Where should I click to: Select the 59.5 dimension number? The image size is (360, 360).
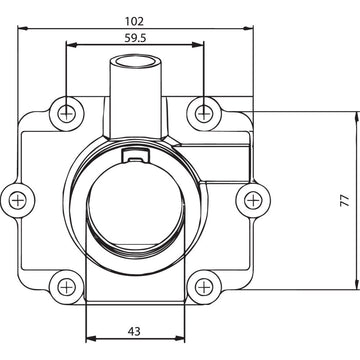tap(134, 37)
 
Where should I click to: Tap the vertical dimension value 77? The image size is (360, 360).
tap(343, 200)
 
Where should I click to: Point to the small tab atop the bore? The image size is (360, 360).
tap(134, 153)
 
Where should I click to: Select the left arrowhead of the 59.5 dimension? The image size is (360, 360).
tap(69, 44)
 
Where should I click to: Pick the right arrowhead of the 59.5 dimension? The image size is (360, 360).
tap(201, 44)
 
